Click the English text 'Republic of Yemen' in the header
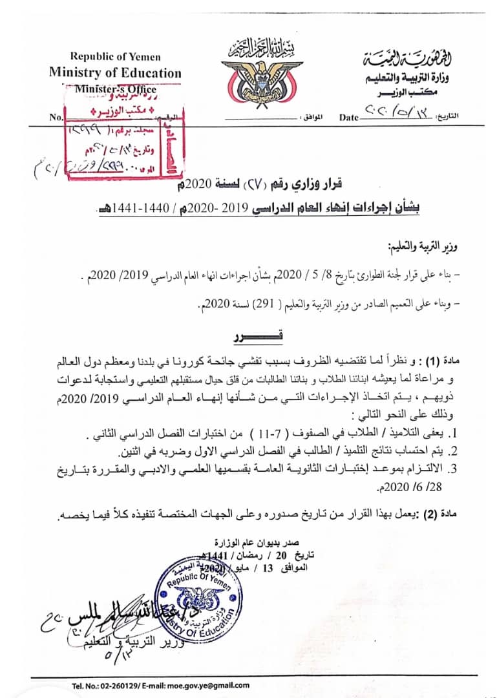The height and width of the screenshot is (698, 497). point(114,57)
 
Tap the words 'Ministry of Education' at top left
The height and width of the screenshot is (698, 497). point(115,72)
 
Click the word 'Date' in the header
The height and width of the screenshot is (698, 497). point(348,118)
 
